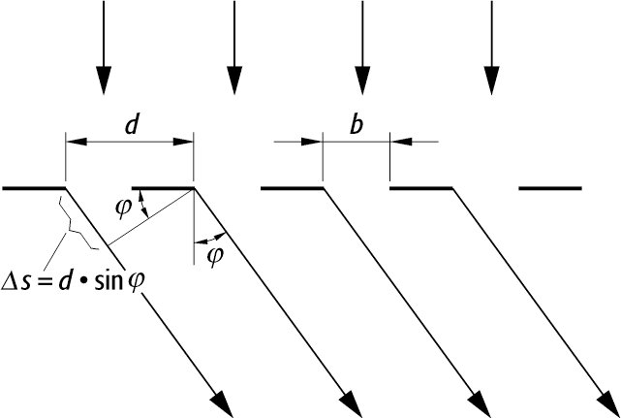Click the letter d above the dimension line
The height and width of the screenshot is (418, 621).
coord(130,125)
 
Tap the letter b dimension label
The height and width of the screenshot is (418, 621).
coord(357,125)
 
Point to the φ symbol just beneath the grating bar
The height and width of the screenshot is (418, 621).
coord(121,207)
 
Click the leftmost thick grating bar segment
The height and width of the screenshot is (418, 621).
coord(34,187)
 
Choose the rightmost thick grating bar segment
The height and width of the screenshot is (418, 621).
coord(550,187)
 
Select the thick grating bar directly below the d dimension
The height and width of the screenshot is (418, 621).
coord(163,187)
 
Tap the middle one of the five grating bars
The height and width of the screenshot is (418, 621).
coord(292,187)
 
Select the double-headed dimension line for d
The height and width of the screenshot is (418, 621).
coord(130,142)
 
